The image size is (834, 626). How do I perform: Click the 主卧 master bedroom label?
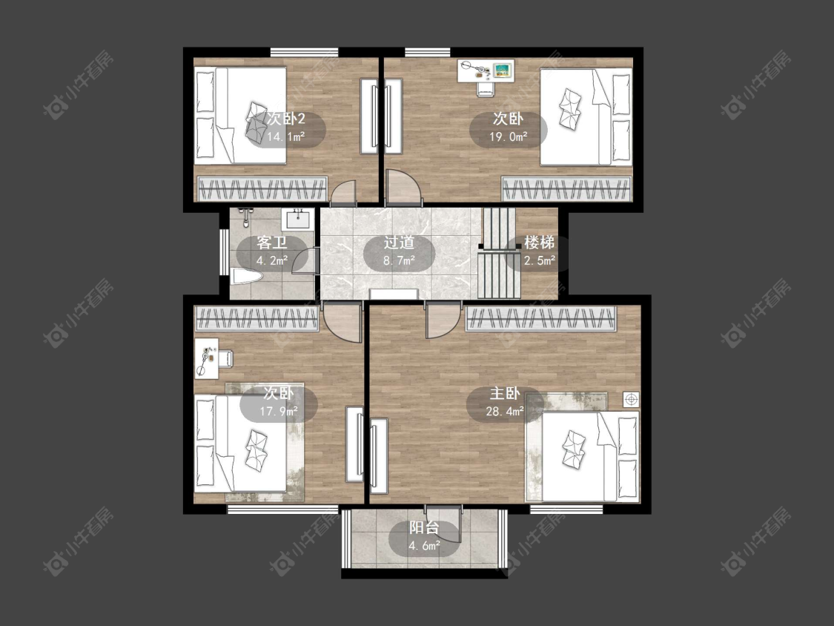coord(505,393)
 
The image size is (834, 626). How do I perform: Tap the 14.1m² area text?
coord(285,136)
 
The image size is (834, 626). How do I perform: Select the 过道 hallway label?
coord(400,243)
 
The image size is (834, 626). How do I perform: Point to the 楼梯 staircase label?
coord(540,243)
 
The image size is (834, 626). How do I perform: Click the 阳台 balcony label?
coord(424,527)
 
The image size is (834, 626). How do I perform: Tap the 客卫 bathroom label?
coord(272,243)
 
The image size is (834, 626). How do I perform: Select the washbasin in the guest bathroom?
coord(299,219)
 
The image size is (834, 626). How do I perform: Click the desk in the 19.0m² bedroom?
coord(486,70)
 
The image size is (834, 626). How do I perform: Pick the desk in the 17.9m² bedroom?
coord(206,358)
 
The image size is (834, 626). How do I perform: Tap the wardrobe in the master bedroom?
coord(541,318)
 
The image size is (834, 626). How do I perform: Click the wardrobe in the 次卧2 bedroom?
coord(262,188)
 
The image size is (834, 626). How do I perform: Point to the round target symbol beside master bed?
coord(632,399)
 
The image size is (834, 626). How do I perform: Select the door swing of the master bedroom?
coord(443,321)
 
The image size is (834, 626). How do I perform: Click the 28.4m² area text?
coord(505,411)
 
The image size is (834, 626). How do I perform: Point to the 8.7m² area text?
coord(399,260)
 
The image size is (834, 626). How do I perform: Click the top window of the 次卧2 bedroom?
coord(304,52)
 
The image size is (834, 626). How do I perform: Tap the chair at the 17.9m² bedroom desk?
coord(225,358)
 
